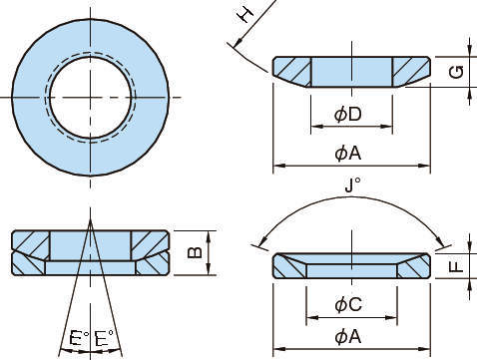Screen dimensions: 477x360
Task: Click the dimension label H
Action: pyautogui.click(x=246, y=15)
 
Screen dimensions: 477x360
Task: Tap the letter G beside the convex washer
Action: pyautogui.click(x=456, y=72)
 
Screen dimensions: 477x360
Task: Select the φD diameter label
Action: pyautogui.click(x=348, y=115)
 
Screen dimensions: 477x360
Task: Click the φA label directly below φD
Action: pyautogui.click(x=348, y=154)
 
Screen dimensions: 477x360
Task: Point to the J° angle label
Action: pyautogui.click(x=352, y=184)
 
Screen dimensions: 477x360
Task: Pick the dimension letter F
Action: pyautogui.click(x=456, y=266)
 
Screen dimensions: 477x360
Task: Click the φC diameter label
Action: pyautogui.click(x=348, y=304)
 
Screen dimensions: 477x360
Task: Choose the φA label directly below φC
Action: pyautogui.click(x=348, y=337)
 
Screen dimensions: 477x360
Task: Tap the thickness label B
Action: pyautogui.click(x=195, y=252)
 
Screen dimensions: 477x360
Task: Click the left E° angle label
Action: pyautogui.click(x=79, y=338)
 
